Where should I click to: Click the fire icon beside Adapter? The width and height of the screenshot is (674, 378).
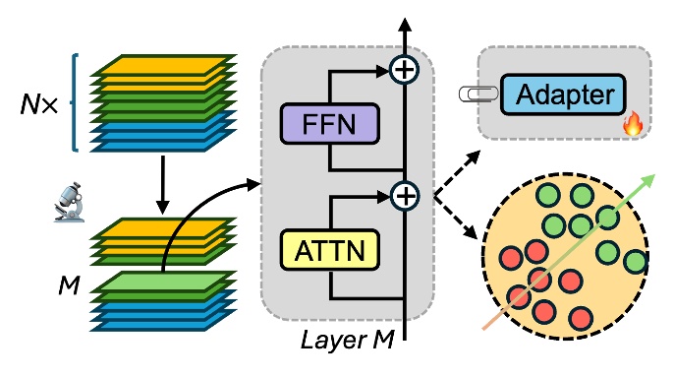coord(632,123)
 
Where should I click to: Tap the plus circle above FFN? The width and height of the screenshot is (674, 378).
coord(404,70)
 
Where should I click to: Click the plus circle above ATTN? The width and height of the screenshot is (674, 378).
coord(404,197)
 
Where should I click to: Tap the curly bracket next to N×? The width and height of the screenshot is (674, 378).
coord(77,102)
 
